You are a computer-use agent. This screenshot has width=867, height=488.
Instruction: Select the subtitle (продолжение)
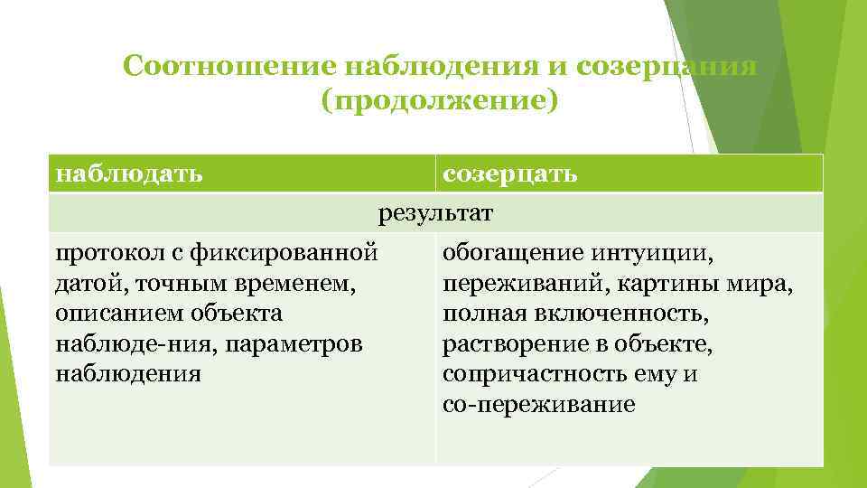click(x=440, y=100)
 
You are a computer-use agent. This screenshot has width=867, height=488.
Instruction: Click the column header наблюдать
click(x=128, y=172)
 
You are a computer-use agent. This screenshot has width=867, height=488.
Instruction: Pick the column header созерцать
click(x=509, y=172)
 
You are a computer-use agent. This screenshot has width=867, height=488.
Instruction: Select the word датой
click(x=84, y=283)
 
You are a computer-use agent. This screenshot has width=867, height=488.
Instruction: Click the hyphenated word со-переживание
click(x=539, y=406)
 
